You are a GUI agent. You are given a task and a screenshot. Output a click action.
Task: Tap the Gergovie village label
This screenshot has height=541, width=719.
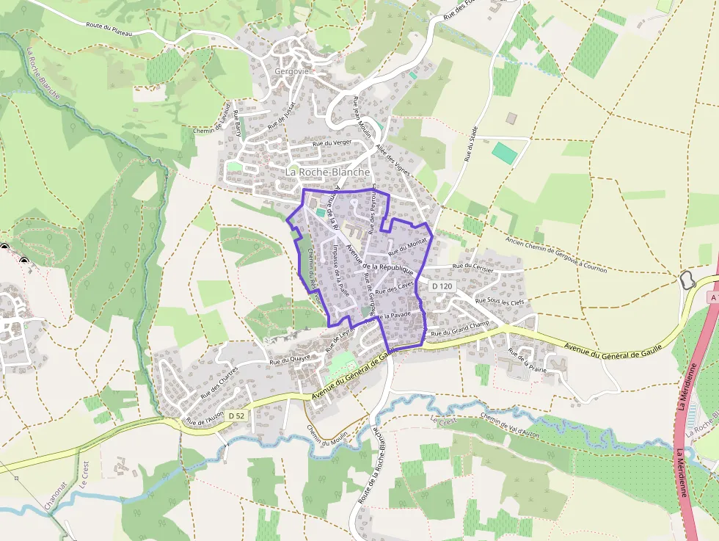pyautogui.click(x=291, y=71)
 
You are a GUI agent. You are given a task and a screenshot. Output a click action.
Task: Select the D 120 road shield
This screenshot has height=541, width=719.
pyautogui.click(x=442, y=286)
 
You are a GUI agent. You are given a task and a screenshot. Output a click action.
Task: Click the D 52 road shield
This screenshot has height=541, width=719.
pyautogui.click(x=236, y=415)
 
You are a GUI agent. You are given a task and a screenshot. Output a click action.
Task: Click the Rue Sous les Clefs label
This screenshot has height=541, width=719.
pyautogui.click(x=500, y=301)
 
